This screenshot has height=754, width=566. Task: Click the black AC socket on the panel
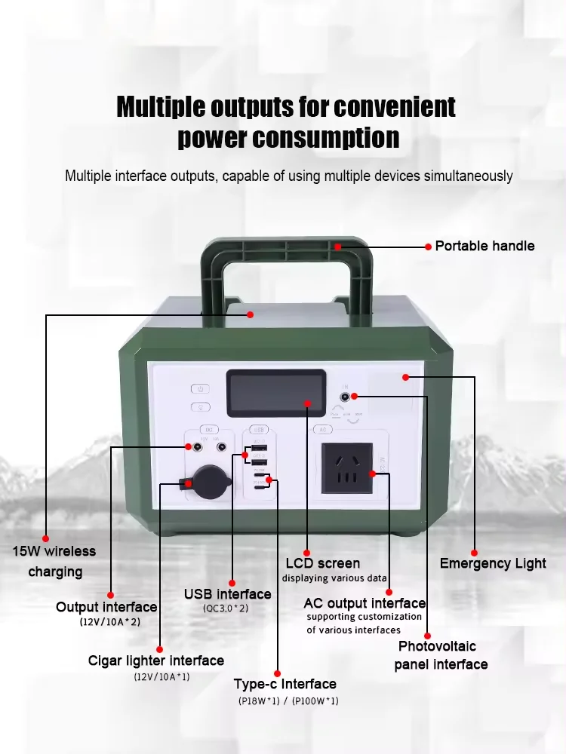point(347,468)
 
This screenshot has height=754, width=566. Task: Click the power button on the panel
point(200,389)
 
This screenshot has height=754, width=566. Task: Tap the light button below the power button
point(200,407)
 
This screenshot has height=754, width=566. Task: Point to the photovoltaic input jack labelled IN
point(346,397)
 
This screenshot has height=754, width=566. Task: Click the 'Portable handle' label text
point(484,246)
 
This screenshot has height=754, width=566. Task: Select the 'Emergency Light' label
point(493,563)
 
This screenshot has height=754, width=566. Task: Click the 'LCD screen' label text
point(322,563)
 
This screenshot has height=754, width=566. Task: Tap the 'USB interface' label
point(227,594)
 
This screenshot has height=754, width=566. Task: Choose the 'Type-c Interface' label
point(285,684)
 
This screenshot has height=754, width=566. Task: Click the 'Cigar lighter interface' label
point(156,661)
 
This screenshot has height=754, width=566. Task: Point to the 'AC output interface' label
point(365,603)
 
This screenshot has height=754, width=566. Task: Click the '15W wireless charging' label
point(54,561)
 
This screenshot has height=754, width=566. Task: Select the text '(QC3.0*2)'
point(226,608)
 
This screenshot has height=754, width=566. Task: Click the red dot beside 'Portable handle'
point(429,247)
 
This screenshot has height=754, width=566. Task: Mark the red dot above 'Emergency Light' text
point(475,552)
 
